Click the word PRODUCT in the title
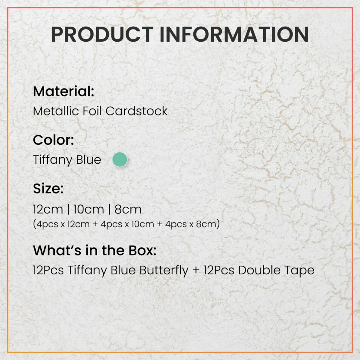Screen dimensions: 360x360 (102, 35)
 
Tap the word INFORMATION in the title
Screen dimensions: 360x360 (234, 35)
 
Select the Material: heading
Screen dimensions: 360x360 (64, 91)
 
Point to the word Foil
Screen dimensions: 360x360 (92, 111)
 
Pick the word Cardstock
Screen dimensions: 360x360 (136, 111)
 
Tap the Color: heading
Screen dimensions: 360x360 (54, 140)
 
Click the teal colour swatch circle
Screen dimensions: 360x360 (120, 159)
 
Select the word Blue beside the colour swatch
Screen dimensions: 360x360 (89, 159)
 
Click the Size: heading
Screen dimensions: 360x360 (48, 189)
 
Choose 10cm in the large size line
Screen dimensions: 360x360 (89, 210)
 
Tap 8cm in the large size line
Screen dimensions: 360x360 (128, 210)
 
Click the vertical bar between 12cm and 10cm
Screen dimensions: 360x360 (68, 210)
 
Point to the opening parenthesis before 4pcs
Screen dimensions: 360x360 (35, 224)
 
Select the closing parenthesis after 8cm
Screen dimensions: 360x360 (218, 224)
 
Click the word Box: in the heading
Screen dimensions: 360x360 (142, 250)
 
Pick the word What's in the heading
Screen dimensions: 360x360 (57, 250)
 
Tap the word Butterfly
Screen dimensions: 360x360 (164, 270)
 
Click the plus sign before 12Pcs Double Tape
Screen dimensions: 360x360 (196, 270)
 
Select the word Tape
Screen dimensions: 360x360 (299, 270)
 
